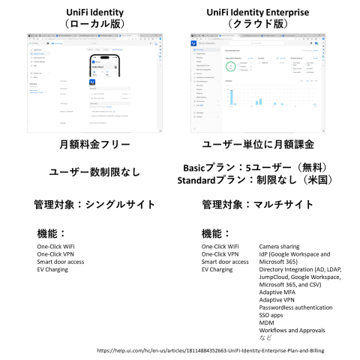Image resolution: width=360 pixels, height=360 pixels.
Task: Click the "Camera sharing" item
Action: click(281, 246)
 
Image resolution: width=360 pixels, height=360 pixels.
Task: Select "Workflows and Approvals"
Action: click(293, 330)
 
